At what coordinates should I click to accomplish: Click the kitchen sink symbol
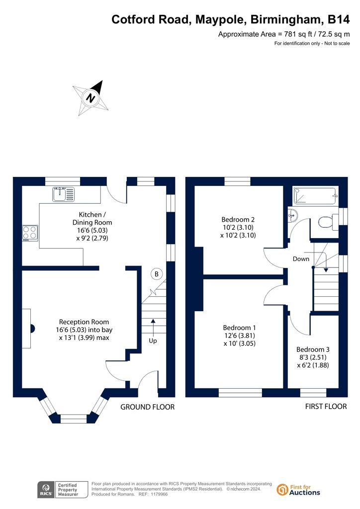click(63, 194)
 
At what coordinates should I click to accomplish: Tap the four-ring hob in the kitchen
click(30, 233)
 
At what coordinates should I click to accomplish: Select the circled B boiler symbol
click(157, 274)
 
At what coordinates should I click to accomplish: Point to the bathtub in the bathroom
click(316, 196)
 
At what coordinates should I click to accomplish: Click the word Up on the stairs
click(153, 340)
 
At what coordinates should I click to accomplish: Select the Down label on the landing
click(301, 258)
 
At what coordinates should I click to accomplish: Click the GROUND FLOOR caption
click(147, 407)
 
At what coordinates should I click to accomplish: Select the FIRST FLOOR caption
click(326, 407)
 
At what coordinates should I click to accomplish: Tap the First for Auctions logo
click(298, 490)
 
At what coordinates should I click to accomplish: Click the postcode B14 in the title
click(339, 19)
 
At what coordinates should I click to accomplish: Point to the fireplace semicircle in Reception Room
click(32, 329)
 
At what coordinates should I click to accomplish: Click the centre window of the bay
click(74, 419)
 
